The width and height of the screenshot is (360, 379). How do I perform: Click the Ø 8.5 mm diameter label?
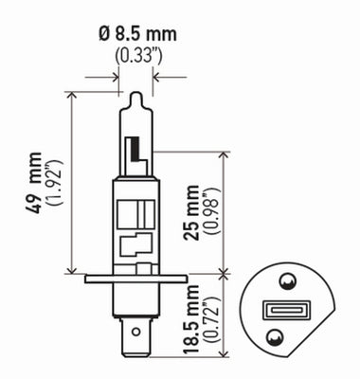pyautogui.click(x=136, y=35)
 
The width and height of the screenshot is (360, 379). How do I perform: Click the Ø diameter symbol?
pyautogui.click(x=104, y=35)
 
